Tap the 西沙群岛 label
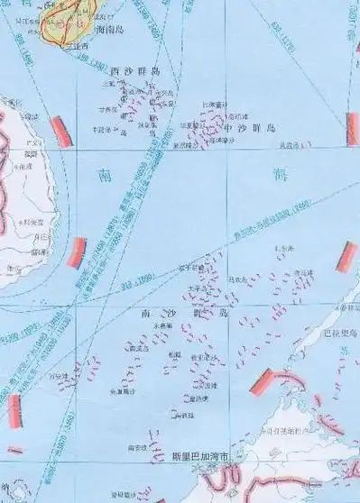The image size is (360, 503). [x=135, y=71]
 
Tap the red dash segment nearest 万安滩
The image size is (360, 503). [x=14, y=410]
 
